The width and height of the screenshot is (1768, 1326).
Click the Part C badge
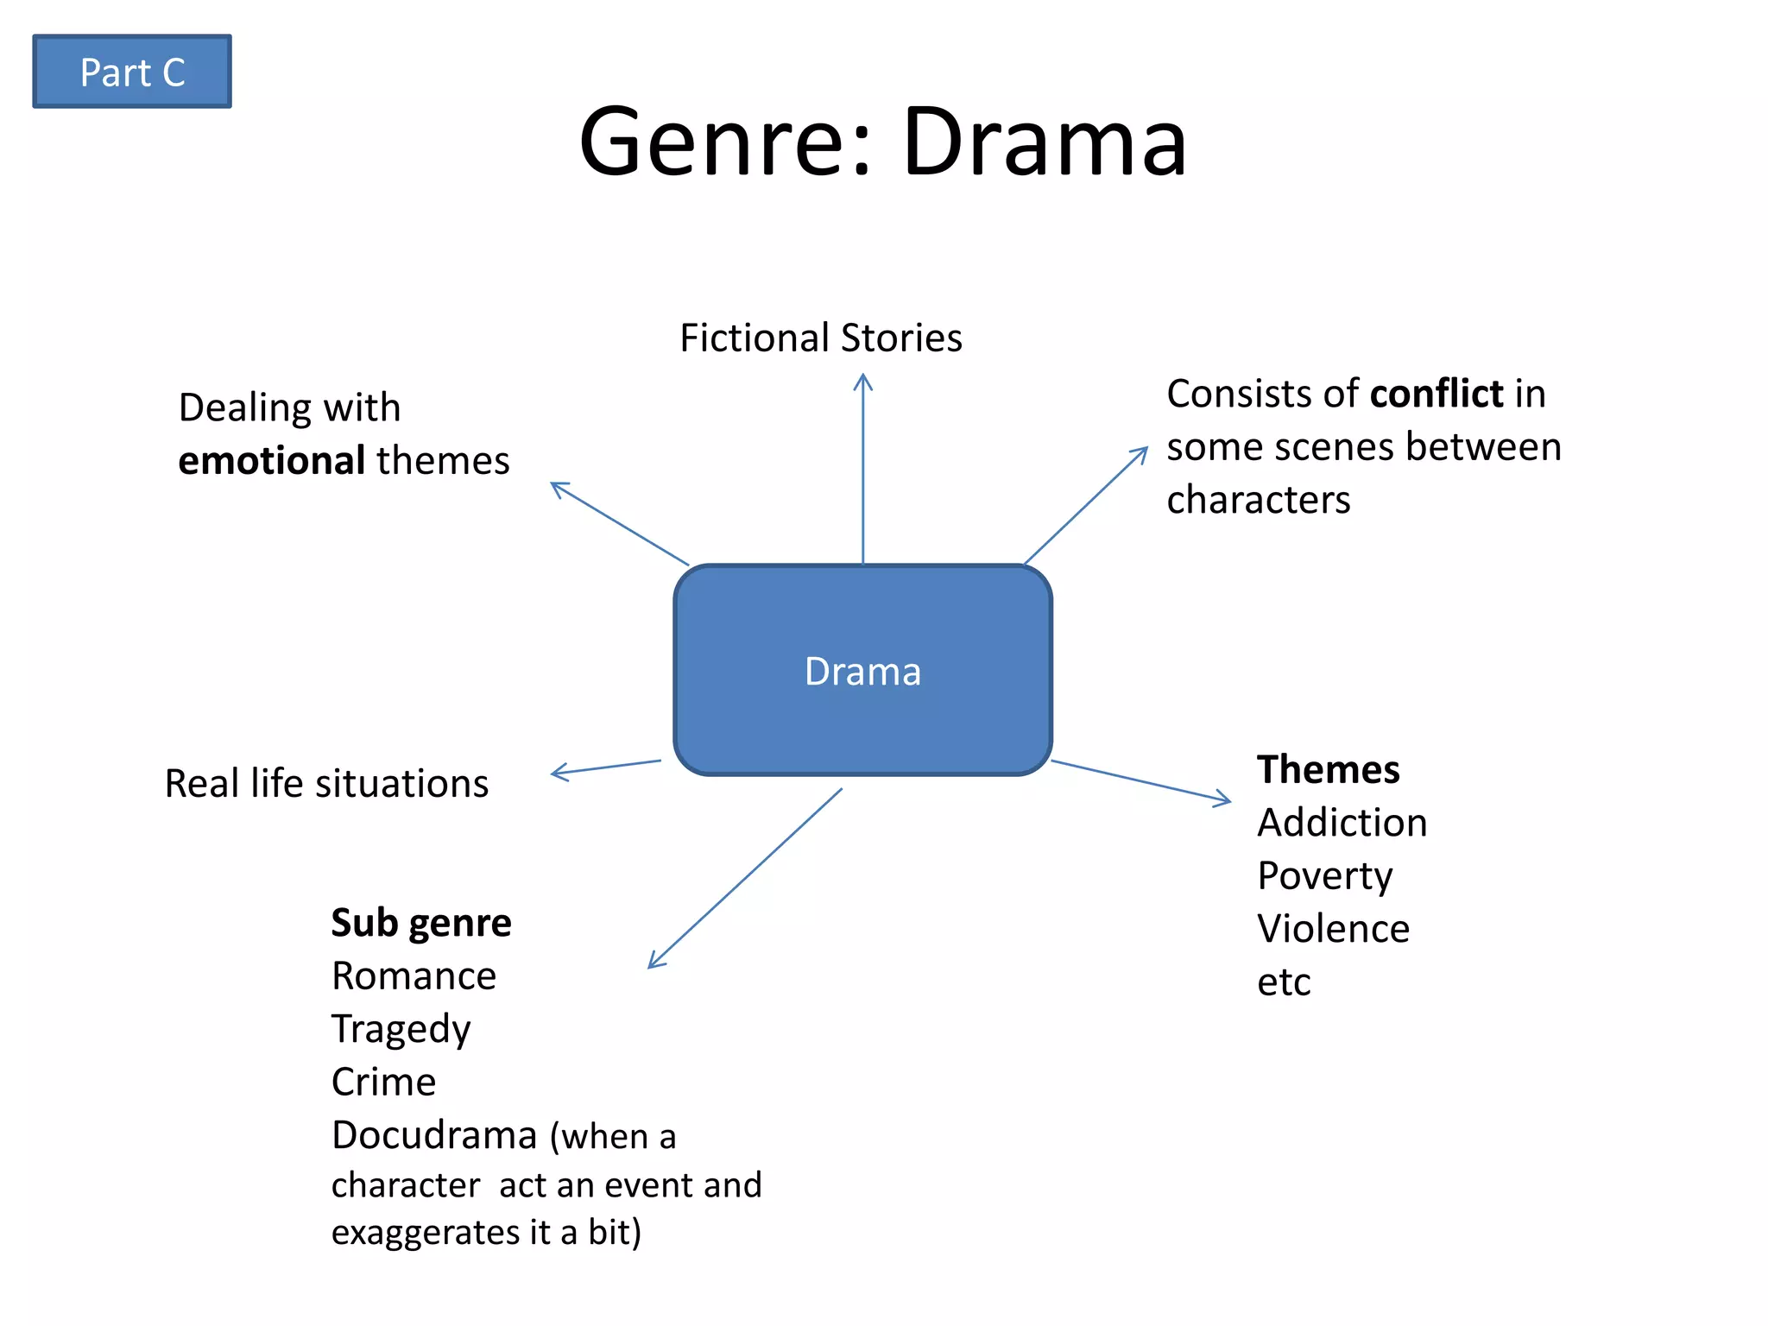pyautogui.click(x=132, y=72)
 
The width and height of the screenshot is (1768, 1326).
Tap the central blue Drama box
pyautogui.click(x=862, y=671)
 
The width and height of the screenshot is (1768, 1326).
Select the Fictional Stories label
pyautogui.click(x=820, y=338)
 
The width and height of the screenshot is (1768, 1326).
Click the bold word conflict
pyautogui.click(x=1436, y=394)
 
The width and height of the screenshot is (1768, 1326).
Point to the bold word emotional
pyautogui.click(x=271, y=460)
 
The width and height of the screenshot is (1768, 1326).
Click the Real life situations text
pyautogui.click(x=326, y=784)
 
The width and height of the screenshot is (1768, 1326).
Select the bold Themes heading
pyautogui.click(x=1328, y=769)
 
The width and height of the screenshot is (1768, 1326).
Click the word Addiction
pyautogui.click(x=1342, y=823)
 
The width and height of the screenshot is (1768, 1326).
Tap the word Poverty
pyautogui.click(x=1324, y=876)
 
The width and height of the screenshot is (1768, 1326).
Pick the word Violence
pyautogui.click(x=1333, y=929)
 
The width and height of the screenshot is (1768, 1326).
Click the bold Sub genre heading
pyautogui.click(x=421, y=923)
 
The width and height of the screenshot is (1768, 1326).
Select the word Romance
pyautogui.click(x=414, y=976)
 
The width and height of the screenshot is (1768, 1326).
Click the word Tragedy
pyautogui.click(x=401, y=1029)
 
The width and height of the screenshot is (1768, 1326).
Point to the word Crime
pyautogui.click(x=383, y=1082)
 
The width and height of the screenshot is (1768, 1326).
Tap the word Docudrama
pyautogui.click(x=434, y=1135)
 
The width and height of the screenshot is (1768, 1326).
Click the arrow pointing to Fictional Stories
pyautogui.click(x=862, y=466)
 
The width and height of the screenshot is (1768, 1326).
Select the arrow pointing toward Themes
pyautogui.click(x=1140, y=781)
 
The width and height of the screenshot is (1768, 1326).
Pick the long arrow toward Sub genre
pyautogui.click(x=744, y=878)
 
